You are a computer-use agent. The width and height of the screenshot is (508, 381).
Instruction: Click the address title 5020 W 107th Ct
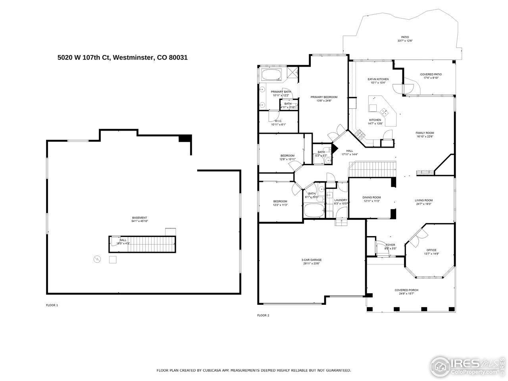122,57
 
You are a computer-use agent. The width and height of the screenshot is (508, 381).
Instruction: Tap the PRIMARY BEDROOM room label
324,97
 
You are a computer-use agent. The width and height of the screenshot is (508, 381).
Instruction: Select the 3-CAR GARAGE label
311,260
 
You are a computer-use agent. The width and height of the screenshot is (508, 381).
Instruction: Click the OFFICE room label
431,250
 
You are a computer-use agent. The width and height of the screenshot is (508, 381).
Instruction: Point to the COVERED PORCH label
406,290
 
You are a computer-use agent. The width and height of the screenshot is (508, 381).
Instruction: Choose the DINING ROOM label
371,197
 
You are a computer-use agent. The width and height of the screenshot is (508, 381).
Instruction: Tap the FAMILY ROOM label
425,133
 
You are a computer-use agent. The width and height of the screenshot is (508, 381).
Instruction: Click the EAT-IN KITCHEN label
378,79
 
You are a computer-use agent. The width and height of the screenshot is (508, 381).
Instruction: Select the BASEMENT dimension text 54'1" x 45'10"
139,221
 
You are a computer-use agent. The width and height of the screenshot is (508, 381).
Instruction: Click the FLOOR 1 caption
52,305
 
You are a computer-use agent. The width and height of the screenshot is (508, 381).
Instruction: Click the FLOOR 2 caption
263,316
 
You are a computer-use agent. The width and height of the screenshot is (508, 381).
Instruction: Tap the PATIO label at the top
405,37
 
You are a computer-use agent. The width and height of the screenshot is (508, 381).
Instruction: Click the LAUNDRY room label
341,200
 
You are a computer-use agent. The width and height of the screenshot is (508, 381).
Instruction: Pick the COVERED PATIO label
431,74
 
